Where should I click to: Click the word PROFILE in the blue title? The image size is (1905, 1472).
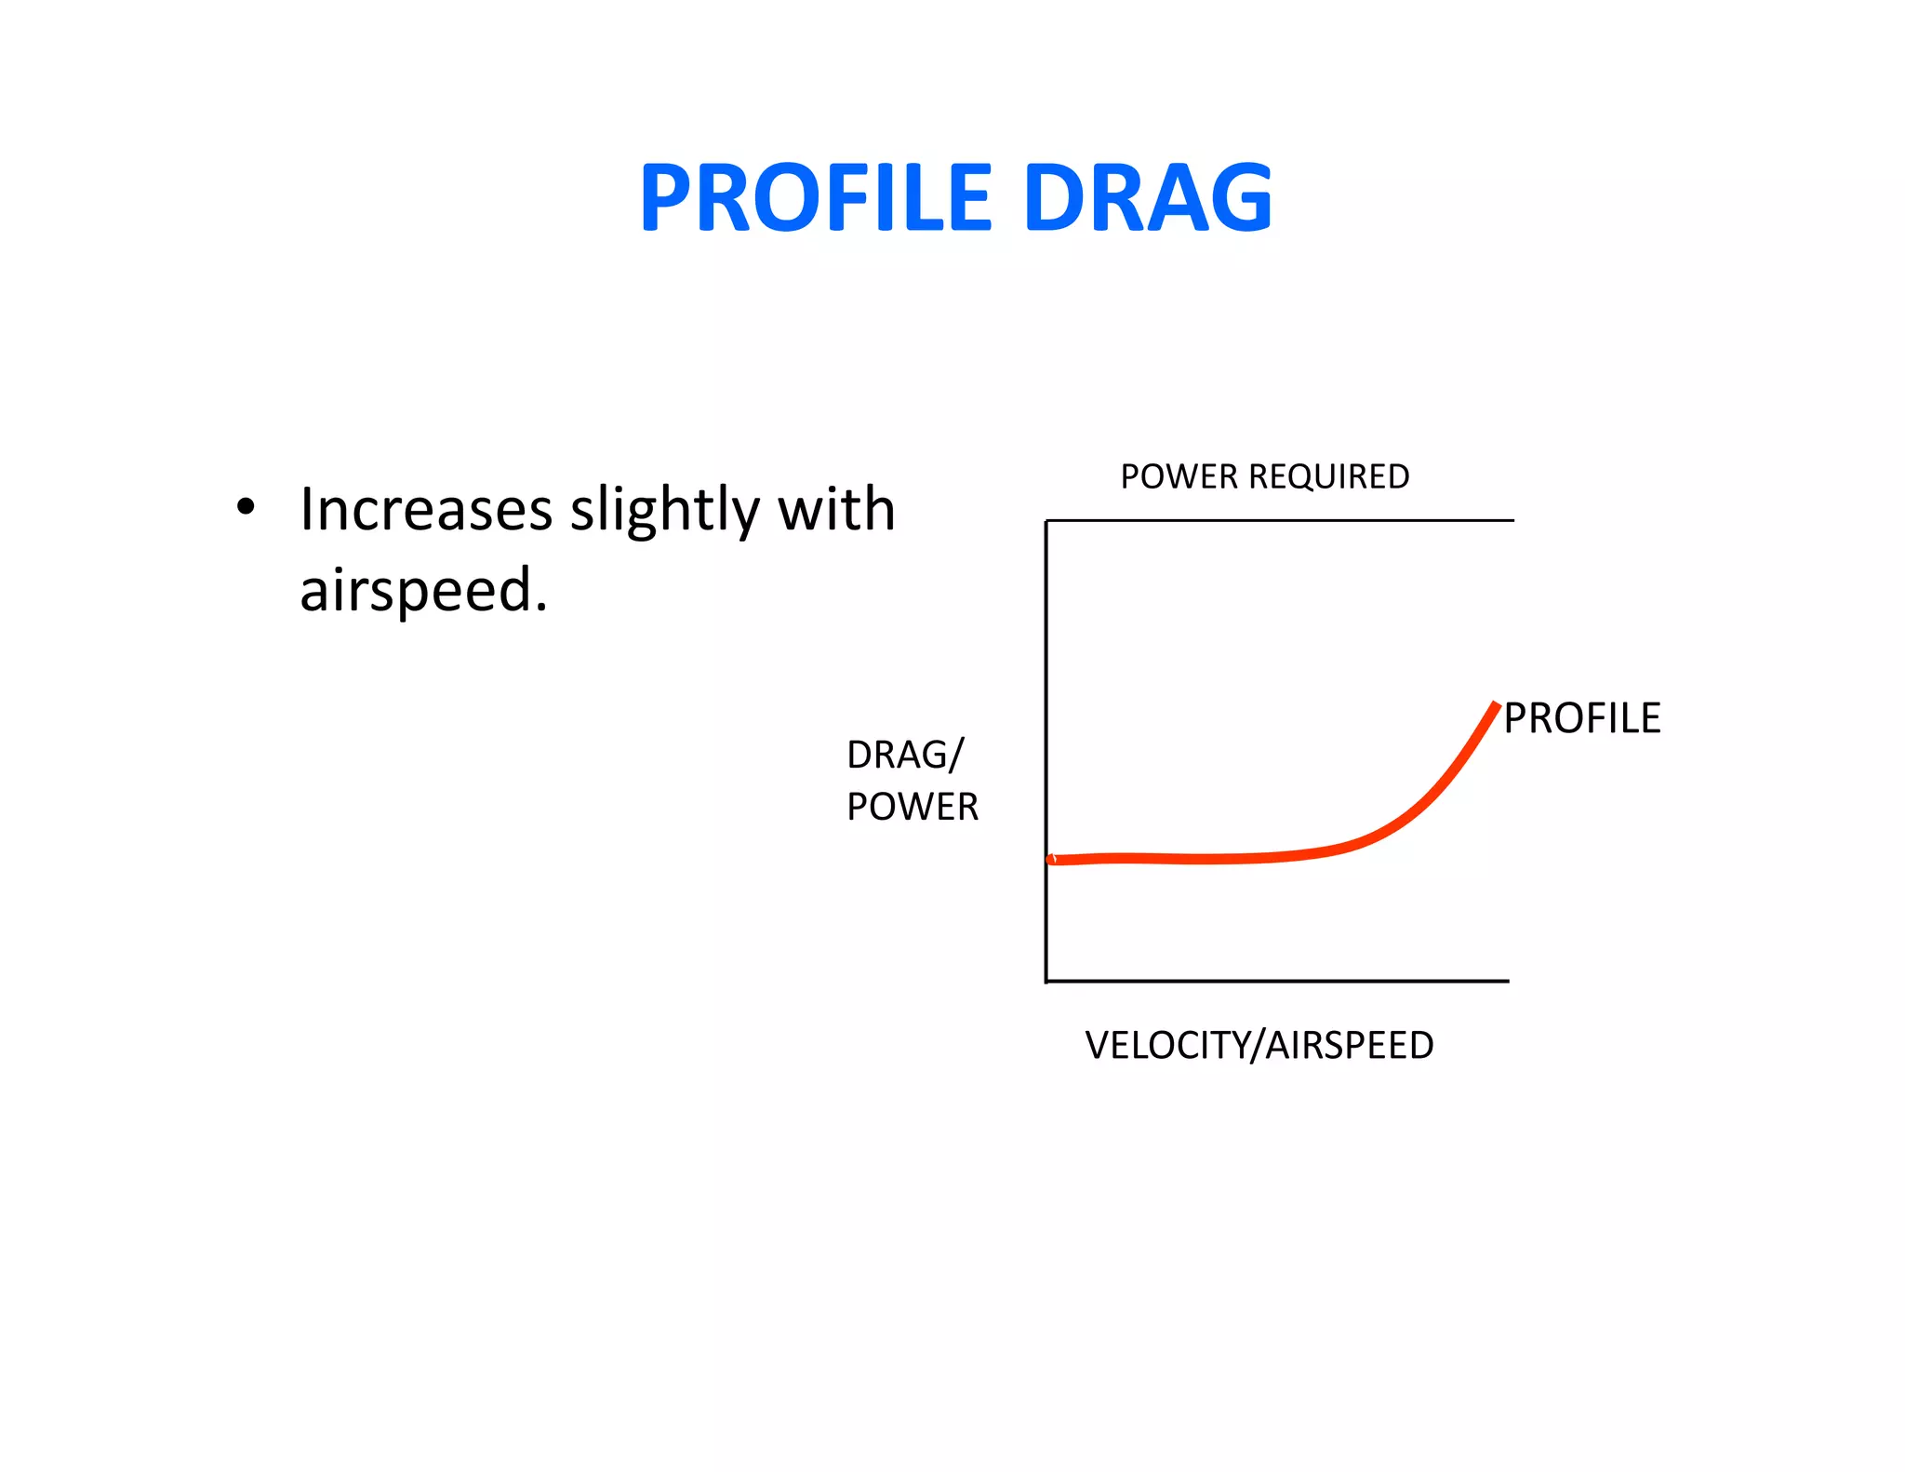(x=817, y=197)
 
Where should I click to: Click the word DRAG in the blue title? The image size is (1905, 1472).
(x=1147, y=197)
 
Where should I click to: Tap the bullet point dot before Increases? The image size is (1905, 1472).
(x=245, y=508)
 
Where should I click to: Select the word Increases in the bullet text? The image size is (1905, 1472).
(x=426, y=510)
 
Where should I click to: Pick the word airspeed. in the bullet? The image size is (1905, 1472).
(x=423, y=591)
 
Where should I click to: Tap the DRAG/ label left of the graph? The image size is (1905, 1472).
(x=905, y=755)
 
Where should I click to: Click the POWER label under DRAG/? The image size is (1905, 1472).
(x=912, y=807)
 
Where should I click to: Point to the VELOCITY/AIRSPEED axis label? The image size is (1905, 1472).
(x=1259, y=1045)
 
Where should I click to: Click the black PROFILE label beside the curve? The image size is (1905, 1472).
(x=1581, y=718)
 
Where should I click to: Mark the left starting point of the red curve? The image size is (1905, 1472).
(x=1052, y=860)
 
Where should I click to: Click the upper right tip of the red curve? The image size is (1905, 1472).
(x=1497, y=705)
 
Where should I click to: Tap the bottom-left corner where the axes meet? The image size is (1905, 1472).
(x=1046, y=981)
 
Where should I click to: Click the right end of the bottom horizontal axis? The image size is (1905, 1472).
(x=1507, y=981)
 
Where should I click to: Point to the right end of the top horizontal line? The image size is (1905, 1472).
(x=1512, y=520)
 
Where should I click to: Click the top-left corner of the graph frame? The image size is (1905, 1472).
(x=1046, y=521)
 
